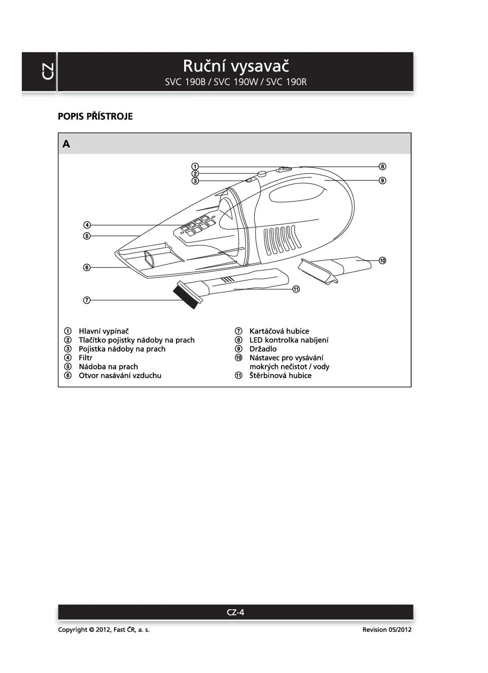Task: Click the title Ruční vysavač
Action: pyautogui.click(x=235, y=66)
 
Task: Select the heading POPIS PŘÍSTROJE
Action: pyautogui.click(x=95, y=117)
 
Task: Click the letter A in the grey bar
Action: pyautogui.click(x=66, y=144)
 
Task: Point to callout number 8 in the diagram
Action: pyautogui.click(x=382, y=166)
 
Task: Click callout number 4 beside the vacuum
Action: pyautogui.click(x=87, y=225)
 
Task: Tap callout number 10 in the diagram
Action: pyautogui.click(x=382, y=260)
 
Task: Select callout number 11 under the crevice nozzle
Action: pyautogui.click(x=296, y=289)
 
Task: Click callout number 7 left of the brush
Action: pyautogui.click(x=87, y=300)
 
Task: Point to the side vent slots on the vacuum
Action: pyautogui.click(x=281, y=239)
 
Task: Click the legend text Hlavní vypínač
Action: pyautogui.click(x=103, y=331)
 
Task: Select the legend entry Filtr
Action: pyautogui.click(x=85, y=358)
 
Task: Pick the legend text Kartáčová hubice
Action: pyautogui.click(x=279, y=331)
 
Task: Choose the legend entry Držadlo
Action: pyautogui.click(x=263, y=349)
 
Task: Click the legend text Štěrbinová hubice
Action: pyautogui.click(x=280, y=376)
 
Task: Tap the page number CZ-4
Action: pyautogui.click(x=235, y=612)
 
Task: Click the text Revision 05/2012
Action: pyautogui.click(x=387, y=630)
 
